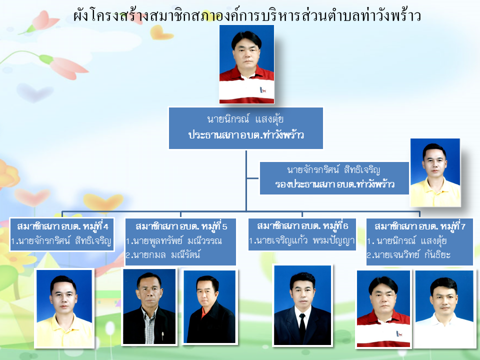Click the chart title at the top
click(247, 15)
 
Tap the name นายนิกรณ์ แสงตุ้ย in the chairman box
click(245, 119)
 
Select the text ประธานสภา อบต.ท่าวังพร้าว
click(246, 135)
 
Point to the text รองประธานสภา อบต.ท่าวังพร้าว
click(334, 184)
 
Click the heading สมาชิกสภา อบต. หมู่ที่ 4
click(62, 226)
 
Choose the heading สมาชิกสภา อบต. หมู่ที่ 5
click(181, 226)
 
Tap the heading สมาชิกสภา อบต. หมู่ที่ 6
click(302, 226)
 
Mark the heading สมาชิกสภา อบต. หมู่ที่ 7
click(419, 226)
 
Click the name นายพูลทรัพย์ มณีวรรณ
click(174, 241)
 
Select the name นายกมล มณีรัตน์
click(163, 254)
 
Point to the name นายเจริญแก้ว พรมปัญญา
click(301, 240)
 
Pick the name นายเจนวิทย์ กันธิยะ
click(408, 254)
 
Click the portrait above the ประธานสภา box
click(246, 64)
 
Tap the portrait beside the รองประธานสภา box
click(435, 172)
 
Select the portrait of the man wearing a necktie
click(302, 305)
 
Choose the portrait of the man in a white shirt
click(444, 309)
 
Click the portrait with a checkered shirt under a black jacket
click(149, 306)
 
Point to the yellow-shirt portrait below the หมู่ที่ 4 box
click(64, 308)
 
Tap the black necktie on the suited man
click(302, 327)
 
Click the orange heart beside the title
click(161, 33)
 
